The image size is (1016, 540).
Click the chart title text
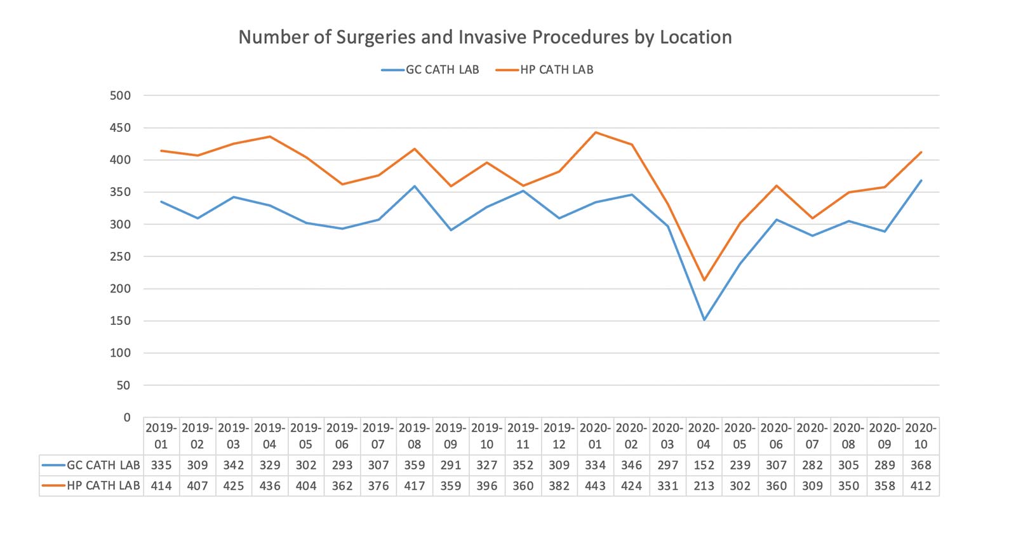click(x=485, y=37)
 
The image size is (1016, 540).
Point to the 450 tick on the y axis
click(x=120, y=128)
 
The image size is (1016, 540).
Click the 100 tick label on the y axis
click(x=120, y=353)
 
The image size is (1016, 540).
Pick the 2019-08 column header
click(x=415, y=436)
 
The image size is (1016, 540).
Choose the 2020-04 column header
click(x=704, y=436)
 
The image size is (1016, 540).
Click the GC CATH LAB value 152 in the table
click(x=704, y=465)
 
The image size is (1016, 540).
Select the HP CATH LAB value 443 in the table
click(x=595, y=486)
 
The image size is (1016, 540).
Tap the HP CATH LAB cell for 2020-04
click(x=704, y=486)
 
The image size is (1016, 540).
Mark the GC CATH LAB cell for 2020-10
click(x=921, y=465)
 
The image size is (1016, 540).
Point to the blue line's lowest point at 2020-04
click(x=704, y=320)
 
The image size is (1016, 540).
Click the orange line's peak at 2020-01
click(x=595, y=132)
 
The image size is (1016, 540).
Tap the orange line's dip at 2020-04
click(x=704, y=280)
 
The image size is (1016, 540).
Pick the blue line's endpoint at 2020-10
click(x=921, y=180)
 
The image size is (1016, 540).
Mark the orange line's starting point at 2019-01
click(x=161, y=151)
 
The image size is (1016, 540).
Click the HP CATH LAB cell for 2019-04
click(x=270, y=486)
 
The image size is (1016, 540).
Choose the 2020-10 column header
click(x=921, y=436)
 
